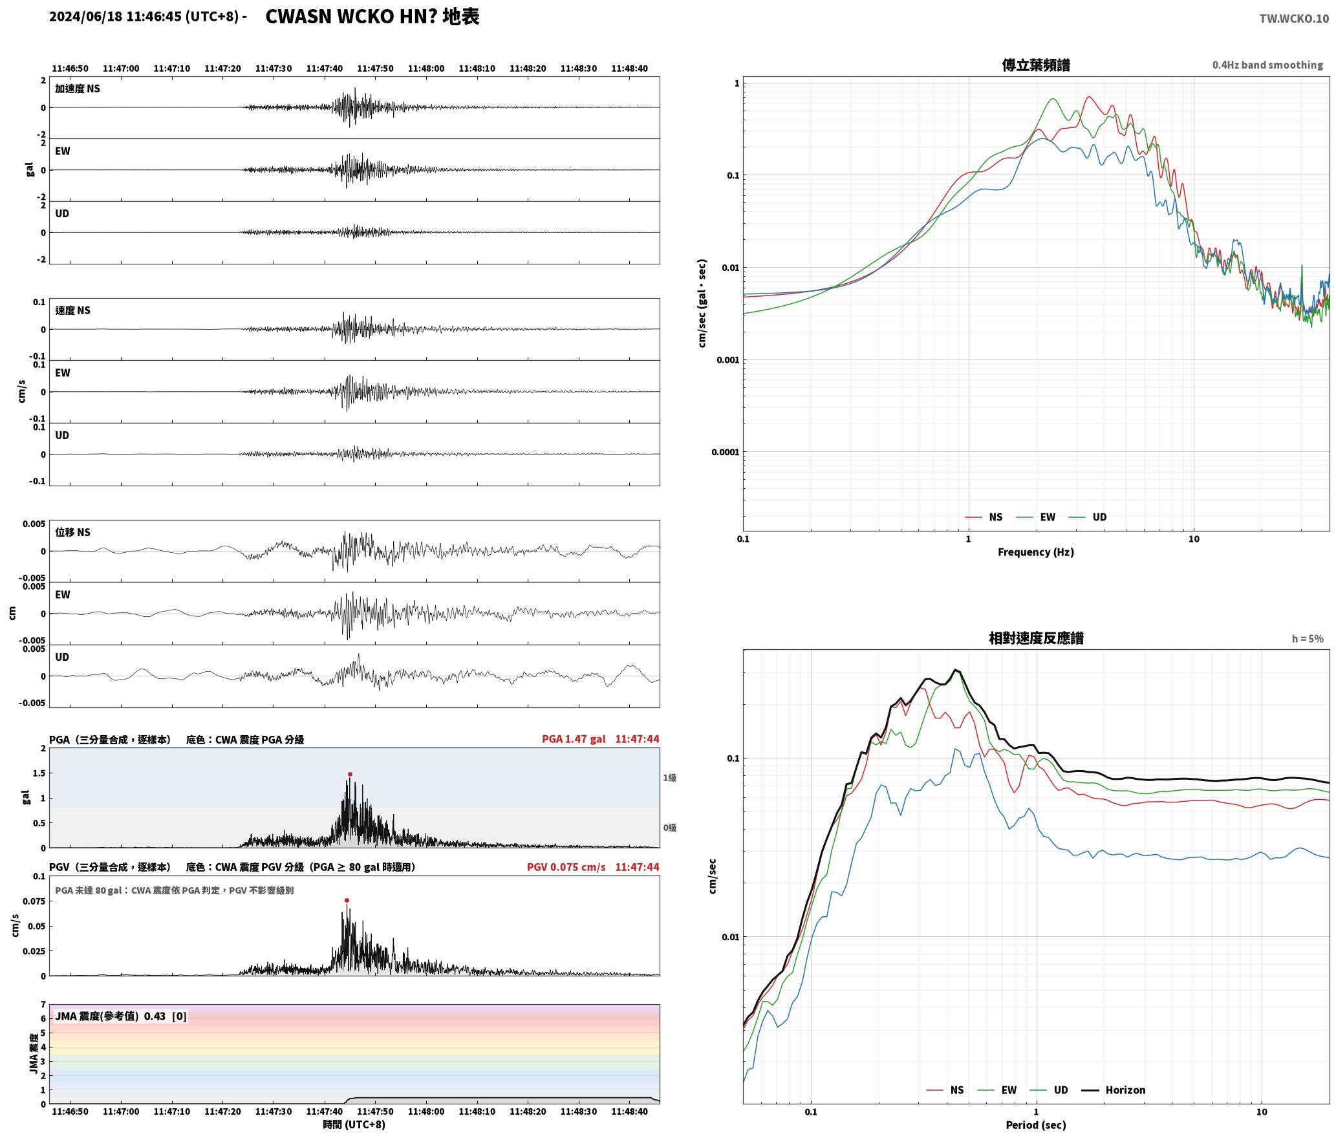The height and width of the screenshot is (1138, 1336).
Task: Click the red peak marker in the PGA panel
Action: tap(350, 774)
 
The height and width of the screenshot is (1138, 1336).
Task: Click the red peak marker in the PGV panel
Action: tap(347, 900)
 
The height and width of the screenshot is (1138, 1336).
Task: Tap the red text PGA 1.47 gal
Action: tap(574, 739)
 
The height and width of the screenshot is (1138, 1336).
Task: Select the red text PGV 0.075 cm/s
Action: tap(566, 867)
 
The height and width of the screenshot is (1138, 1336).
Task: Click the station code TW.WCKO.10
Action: tap(1294, 19)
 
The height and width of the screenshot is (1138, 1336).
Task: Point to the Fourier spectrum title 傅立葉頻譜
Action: tap(1035, 65)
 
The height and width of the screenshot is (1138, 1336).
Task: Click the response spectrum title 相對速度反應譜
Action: tap(1036, 638)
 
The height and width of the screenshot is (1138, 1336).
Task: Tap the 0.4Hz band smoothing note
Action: tap(1267, 65)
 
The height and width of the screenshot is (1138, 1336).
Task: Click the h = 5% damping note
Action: tap(1308, 639)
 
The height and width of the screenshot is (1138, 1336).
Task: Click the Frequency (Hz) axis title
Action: tap(1036, 552)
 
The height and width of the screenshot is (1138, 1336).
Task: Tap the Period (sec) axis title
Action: tap(1036, 1125)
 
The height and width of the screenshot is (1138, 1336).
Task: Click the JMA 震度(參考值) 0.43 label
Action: tap(110, 1016)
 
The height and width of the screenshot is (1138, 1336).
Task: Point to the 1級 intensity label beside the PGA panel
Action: tap(669, 778)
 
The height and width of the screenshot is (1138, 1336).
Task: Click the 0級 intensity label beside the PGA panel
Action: tap(669, 828)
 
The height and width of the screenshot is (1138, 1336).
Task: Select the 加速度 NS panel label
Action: tap(78, 89)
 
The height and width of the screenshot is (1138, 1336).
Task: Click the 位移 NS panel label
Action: tap(73, 532)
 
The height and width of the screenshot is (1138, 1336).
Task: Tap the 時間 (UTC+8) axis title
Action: tap(354, 1124)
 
